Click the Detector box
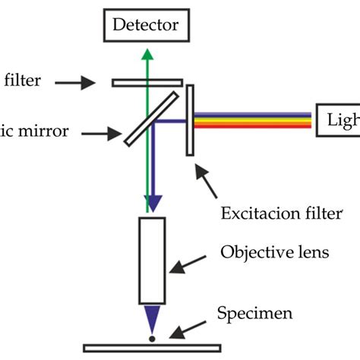click(146, 26)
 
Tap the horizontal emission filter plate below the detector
click(147, 81)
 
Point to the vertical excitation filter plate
click(189, 119)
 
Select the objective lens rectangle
click(152, 259)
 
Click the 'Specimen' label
click(249, 312)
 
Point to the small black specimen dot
click(152, 338)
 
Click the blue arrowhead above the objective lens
click(153, 203)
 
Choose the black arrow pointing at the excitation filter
click(205, 176)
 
